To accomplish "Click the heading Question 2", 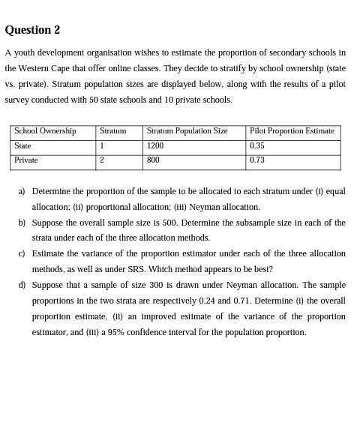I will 32,30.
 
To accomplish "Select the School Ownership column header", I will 45,131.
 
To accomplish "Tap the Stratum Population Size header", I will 187,131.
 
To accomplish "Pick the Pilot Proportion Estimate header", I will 292,131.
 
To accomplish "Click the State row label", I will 22,146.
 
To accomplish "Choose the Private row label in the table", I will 26,160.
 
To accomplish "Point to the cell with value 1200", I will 155,146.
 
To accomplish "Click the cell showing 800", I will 153,160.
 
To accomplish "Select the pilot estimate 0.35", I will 257,146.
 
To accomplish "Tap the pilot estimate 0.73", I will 257,160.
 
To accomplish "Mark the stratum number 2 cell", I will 101,160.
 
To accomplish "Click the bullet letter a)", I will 22,192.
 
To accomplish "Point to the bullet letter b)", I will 22,223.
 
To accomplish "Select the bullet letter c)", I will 22,254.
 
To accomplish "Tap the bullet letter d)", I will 22,286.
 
